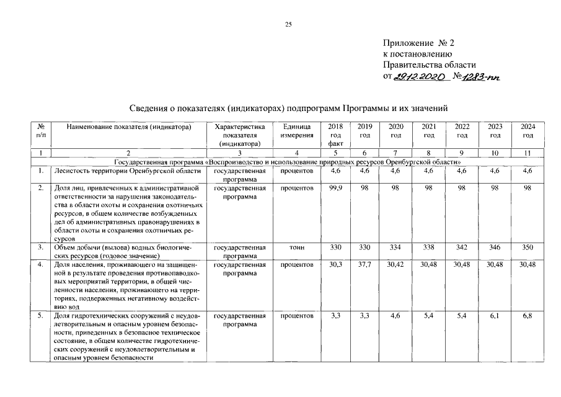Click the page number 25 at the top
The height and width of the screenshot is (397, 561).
click(288, 24)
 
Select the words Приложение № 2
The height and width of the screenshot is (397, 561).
click(418, 43)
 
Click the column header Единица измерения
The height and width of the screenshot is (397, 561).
click(297, 130)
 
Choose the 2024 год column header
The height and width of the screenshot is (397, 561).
click(528, 130)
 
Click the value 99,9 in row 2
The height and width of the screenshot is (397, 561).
click(335, 188)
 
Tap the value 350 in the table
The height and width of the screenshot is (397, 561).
click(528, 248)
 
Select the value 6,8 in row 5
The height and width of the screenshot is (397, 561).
click(528, 316)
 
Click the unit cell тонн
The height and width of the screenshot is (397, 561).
click(297, 248)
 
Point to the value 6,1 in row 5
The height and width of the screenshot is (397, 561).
click(495, 316)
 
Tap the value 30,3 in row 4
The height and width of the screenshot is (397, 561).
click(335, 265)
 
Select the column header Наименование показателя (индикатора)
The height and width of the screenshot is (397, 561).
click(128, 127)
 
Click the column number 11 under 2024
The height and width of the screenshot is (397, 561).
click(528, 153)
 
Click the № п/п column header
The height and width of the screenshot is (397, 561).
click(41, 130)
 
